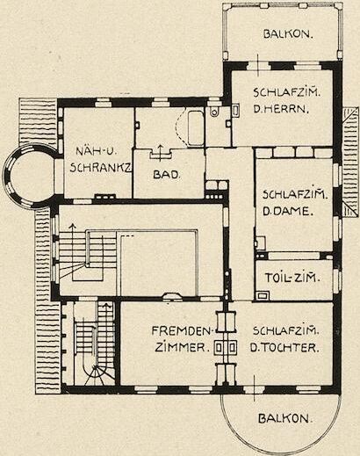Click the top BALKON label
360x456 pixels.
click(288, 34)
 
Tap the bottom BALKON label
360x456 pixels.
click(285, 418)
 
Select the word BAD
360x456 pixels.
click(166, 175)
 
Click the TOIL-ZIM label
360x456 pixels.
click(292, 278)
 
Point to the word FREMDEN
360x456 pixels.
click(182, 331)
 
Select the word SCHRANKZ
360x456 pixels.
click(101, 168)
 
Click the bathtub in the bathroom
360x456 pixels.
click(196, 128)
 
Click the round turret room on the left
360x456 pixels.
click(28, 176)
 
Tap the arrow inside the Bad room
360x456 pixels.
click(160, 153)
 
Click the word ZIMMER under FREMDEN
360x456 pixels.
click(182, 348)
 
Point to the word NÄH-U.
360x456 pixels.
click(97, 152)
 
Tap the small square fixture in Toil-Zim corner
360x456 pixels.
click(263, 295)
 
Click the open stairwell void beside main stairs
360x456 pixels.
click(158, 263)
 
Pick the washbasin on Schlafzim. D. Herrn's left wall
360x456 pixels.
click(236, 110)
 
